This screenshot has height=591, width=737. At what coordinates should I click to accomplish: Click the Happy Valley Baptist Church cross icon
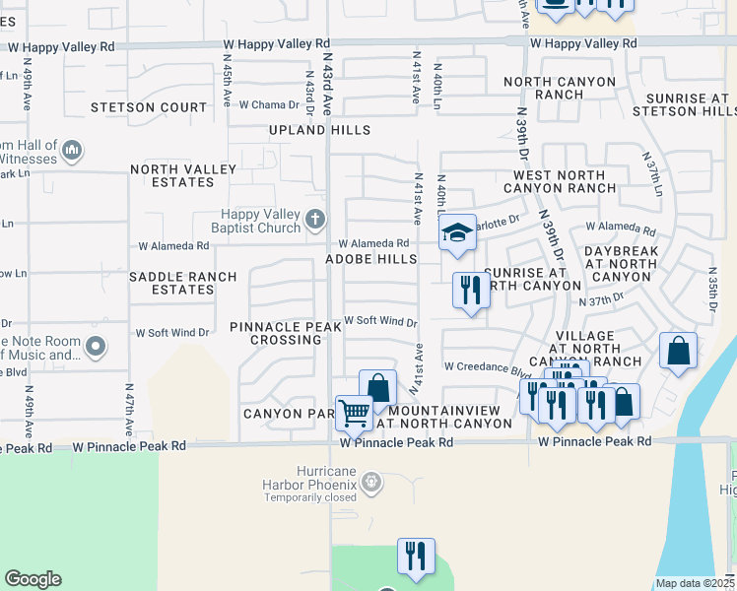[314, 219]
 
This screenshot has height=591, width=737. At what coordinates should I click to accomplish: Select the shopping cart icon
[354, 412]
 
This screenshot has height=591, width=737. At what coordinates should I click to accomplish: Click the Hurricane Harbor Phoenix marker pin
[370, 482]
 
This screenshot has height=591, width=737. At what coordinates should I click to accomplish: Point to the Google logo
[33, 579]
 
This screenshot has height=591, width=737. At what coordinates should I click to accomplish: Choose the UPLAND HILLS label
[320, 130]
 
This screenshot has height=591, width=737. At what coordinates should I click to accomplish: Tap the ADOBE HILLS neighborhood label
[371, 259]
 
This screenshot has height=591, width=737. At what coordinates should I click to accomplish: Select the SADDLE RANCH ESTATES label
[182, 284]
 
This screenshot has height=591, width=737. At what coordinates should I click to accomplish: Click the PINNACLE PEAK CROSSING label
[275, 333]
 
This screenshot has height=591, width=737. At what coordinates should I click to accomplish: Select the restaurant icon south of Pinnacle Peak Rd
[416, 556]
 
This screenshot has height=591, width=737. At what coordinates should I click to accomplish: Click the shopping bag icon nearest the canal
[678, 352]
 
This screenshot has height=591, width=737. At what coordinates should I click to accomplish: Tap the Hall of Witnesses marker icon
[71, 152]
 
